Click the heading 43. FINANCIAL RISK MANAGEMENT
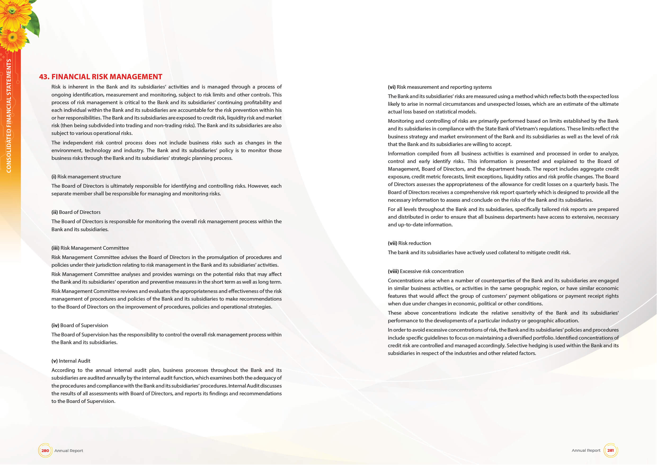(100, 77)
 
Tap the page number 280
(45, 450)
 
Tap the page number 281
(610, 450)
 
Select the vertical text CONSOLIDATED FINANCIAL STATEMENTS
(9, 116)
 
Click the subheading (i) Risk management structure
(86, 177)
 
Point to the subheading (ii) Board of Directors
(76, 212)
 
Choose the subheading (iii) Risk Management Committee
(90, 248)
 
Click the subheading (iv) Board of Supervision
(79, 325)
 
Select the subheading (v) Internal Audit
(71, 361)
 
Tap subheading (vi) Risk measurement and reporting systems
(440, 87)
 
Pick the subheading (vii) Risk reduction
(409, 243)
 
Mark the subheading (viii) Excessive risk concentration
(425, 271)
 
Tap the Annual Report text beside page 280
(69, 451)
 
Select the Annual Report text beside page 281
(586, 450)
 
